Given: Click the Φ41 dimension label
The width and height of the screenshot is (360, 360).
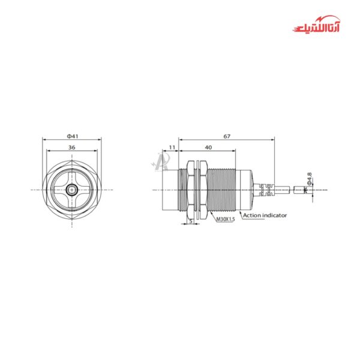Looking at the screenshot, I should tap(72, 136).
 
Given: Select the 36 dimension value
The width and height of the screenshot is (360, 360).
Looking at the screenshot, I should tap(72, 147).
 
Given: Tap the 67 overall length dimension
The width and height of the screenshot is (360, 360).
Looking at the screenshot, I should tap(227, 136).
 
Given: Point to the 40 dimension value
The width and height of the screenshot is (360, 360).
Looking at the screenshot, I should tap(208, 147).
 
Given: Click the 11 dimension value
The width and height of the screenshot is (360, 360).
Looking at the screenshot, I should tap(172, 147).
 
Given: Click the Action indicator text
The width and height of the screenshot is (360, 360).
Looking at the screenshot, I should tap(265, 215).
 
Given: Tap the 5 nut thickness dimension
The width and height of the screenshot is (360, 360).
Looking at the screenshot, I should tap(191, 221).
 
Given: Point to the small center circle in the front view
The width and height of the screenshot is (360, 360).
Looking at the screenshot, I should tap(72, 190).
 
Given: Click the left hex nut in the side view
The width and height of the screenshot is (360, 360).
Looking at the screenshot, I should tap(191, 190).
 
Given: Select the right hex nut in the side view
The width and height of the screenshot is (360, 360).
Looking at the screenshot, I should tap(202, 190).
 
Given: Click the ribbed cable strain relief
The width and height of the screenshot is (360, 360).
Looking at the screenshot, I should tap(261, 190).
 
